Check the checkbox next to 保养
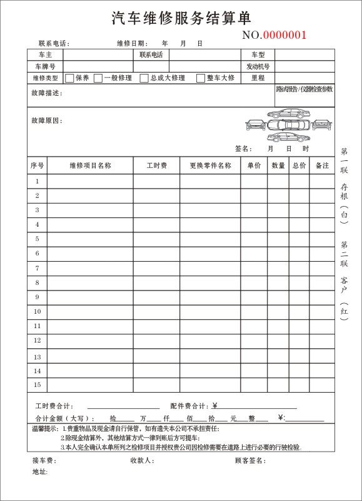click(69, 78)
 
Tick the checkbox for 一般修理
click(98, 78)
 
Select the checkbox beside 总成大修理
click(144, 78)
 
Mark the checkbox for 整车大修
click(201, 78)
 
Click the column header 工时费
click(157, 165)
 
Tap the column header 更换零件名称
click(210, 165)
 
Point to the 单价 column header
click(254, 165)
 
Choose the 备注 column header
click(322, 165)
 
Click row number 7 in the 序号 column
click(37, 267)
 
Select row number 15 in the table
click(37, 385)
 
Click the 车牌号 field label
click(45, 66)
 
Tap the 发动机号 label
click(258, 66)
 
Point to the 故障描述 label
click(46, 93)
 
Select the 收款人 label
click(142, 461)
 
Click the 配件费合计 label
click(190, 405)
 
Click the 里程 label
click(258, 78)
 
